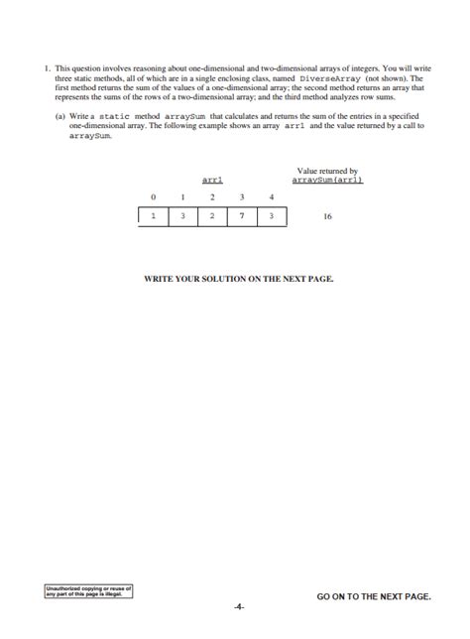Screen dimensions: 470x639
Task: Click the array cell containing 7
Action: (x=242, y=214)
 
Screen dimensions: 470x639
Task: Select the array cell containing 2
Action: (x=212, y=214)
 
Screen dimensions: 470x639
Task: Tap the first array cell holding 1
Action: (x=153, y=214)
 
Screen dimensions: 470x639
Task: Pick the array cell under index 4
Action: (x=272, y=214)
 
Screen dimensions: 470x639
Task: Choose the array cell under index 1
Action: (x=182, y=214)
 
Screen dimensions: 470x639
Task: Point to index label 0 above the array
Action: (x=153, y=197)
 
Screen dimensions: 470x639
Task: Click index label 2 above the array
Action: (x=212, y=197)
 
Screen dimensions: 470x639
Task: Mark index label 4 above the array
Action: (x=272, y=197)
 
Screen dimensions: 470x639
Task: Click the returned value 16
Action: (x=327, y=214)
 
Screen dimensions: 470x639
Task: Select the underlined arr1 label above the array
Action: (x=212, y=180)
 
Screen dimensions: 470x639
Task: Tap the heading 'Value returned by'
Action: (x=327, y=171)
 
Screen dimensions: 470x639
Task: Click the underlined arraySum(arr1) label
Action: (x=327, y=180)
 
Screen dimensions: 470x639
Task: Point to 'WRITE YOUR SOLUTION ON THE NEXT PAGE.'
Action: (x=239, y=279)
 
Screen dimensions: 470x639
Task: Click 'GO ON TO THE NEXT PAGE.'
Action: (x=374, y=596)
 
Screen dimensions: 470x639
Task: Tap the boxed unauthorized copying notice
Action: (x=88, y=592)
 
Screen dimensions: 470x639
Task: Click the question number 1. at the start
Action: (x=47, y=68)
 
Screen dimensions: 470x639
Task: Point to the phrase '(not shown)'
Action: (x=385, y=76)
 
